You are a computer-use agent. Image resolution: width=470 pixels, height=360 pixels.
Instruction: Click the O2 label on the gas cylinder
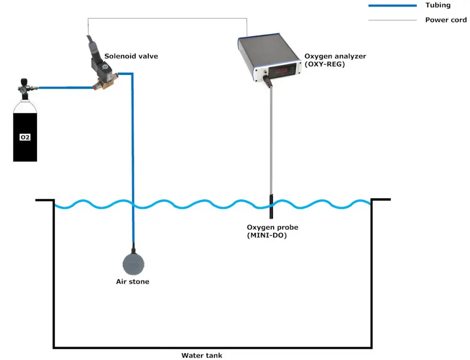point(25,137)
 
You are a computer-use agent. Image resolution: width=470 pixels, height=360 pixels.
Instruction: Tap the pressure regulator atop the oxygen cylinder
point(23,88)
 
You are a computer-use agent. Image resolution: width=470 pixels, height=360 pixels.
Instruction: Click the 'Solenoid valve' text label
point(131,56)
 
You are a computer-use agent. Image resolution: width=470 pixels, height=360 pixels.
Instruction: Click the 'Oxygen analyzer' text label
point(335,56)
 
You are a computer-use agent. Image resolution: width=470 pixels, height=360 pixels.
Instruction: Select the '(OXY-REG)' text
point(324,64)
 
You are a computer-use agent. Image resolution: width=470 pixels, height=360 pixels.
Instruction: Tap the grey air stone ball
point(134,264)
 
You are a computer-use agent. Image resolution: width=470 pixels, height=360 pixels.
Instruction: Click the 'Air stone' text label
point(132,282)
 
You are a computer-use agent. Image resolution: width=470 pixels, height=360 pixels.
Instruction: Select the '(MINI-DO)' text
point(267,235)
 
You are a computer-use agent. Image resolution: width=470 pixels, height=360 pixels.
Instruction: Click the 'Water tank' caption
point(202,355)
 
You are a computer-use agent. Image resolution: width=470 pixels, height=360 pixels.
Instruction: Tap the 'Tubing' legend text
point(438,5)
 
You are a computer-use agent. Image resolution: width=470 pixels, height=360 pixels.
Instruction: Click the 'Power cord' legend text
point(446,20)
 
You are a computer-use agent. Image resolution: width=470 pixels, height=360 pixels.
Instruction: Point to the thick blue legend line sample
point(392,6)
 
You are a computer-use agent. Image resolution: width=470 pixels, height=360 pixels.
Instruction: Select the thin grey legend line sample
point(392,20)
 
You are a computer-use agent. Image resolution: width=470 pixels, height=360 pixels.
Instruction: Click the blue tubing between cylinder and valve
point(66,87)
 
